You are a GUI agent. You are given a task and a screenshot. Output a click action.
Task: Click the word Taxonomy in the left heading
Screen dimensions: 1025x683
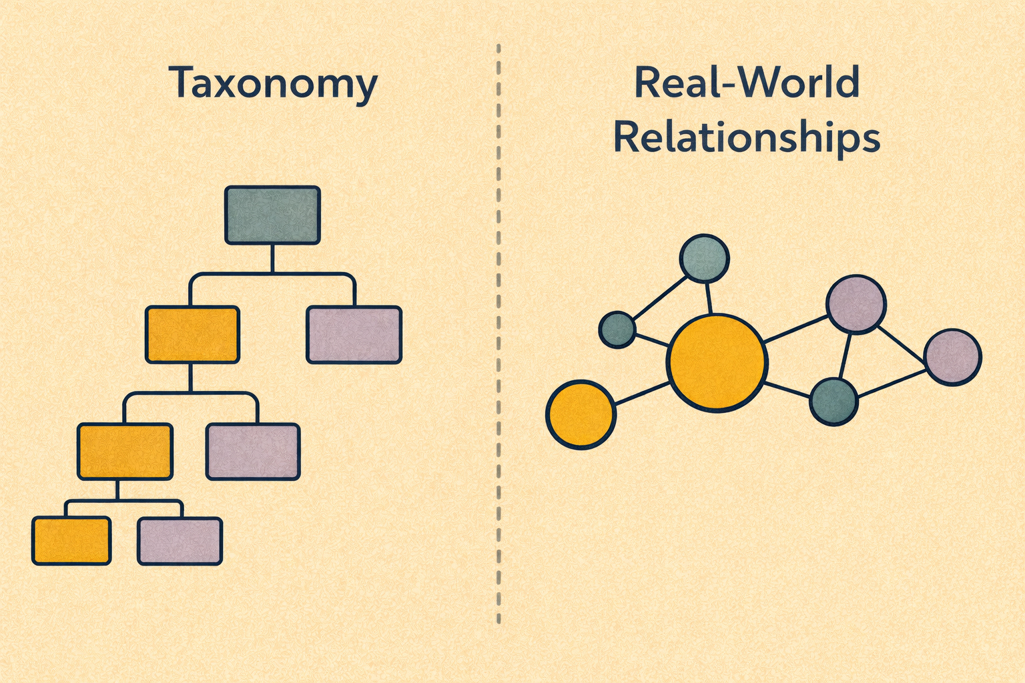tap(273, 83)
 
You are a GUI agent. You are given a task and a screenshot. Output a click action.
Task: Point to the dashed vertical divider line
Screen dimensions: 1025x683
tap(498, 333)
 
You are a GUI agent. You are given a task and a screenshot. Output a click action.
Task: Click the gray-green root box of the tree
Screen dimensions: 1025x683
tap(272, 215)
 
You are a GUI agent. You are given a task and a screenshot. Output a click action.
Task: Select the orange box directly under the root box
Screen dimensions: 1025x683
tap(192, 334)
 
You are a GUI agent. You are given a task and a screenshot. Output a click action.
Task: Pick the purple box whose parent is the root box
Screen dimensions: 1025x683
tap(354, 334)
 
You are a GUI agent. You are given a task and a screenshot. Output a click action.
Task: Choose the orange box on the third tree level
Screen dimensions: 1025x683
tap(125, 452)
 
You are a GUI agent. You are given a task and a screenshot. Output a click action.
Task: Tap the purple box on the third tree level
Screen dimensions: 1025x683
tap(253, 452)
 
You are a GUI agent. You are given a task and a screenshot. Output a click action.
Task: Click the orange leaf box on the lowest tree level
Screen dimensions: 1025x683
tap(71, 540)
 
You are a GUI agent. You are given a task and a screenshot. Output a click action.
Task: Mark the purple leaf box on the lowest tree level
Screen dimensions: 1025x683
tap(180, 540)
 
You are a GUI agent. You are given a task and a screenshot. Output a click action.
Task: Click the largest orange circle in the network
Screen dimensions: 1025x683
tap(716, 362)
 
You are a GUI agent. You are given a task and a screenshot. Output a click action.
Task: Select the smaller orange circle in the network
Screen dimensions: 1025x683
tap(581, 414)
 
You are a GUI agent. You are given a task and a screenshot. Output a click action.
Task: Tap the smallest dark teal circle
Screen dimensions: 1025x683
tap(617, 329)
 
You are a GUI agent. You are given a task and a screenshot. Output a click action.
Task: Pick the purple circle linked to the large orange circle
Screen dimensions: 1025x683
tap(856, 303)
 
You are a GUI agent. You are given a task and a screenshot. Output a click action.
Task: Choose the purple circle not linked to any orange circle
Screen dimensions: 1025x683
tap(953, 357)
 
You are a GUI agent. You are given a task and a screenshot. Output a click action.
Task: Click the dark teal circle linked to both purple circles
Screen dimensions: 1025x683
tap(833, 402)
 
